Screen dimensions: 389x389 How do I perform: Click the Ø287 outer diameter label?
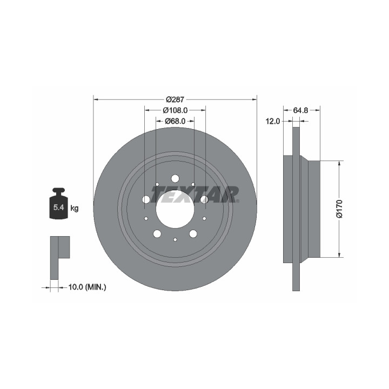coord(175,99)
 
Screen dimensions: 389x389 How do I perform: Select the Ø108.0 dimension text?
coord(175,110)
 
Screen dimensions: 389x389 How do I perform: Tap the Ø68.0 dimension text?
coord(175,121)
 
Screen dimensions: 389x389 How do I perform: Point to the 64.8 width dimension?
coord(300,110)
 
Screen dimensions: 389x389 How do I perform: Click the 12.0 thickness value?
coord(273,122)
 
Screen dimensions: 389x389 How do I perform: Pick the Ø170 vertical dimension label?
coord(339,209)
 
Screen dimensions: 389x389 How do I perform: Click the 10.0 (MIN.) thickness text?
coord(87,287)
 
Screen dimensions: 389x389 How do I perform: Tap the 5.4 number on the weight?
coord(59,207)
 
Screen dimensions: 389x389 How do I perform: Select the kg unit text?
coord(75,208)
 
